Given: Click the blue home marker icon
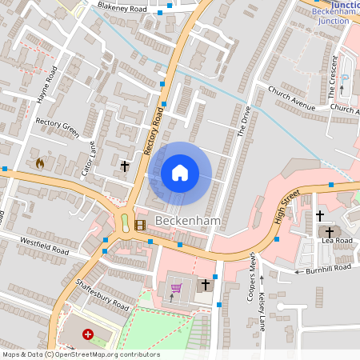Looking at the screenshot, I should click(180, 173).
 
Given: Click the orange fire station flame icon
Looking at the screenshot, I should click(39, 162).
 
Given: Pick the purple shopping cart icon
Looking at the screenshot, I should click(176, 288).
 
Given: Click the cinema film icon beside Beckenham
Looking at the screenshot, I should click(140, 224).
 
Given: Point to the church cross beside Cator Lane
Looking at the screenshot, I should click(124, 166).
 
